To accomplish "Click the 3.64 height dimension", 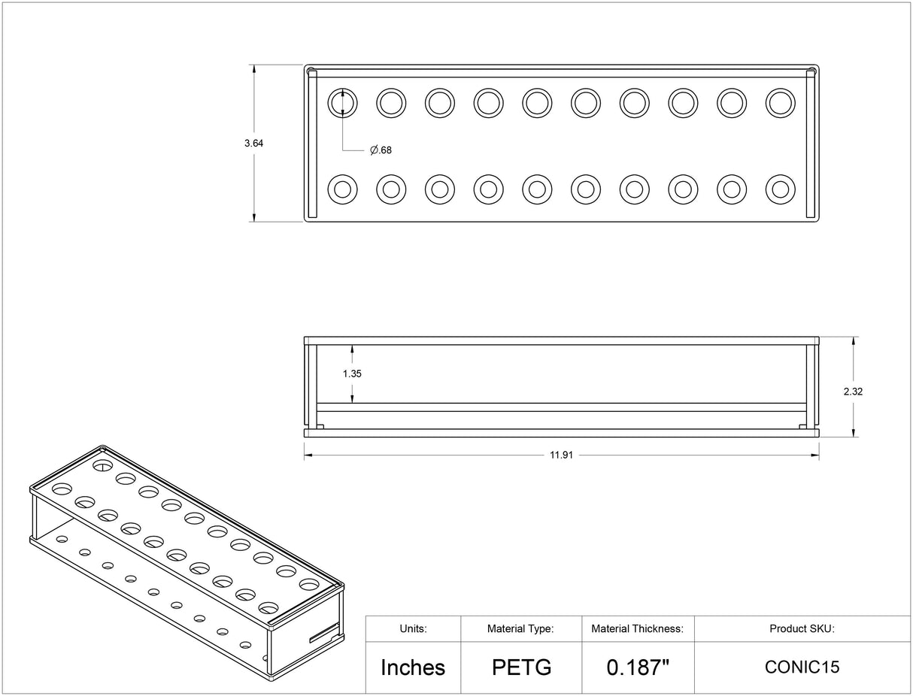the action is (253, 144).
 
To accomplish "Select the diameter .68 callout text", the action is (381, 150).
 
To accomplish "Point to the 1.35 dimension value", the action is (352, 374).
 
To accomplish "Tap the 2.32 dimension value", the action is (853, 392).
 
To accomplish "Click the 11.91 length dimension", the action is (562, 455).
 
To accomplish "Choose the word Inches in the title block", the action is (413, 667).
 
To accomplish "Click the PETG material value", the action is (522, 667).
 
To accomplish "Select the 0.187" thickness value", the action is (638, 667).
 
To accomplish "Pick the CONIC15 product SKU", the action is (802, 667).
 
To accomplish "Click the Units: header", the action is (413, 628).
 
